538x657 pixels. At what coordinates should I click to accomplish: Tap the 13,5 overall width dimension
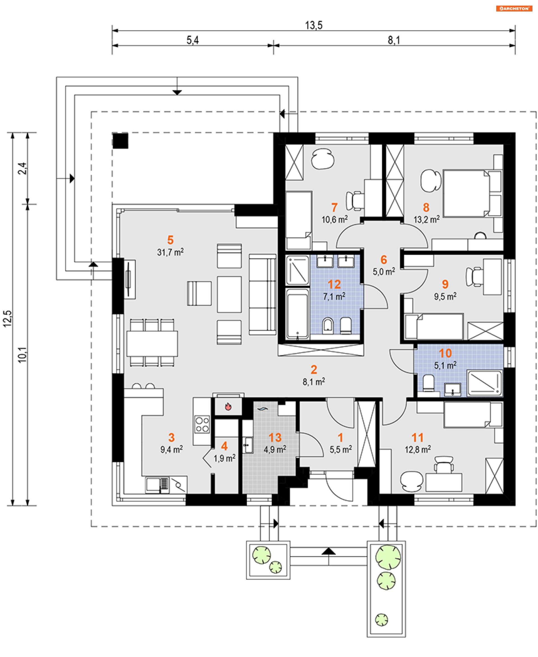pyautogui.click(x=314, y=25)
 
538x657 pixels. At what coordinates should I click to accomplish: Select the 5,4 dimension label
pyautogui.click(x=193, y=40)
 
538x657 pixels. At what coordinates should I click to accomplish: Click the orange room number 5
pyautogui.click(x=170, y=240)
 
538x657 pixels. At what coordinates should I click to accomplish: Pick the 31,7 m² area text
pyautogui.click(x=170, y=252)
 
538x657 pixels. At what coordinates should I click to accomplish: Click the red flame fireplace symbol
pyautogui.click(x=228, y=406)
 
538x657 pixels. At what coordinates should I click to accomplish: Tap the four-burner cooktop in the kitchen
pyautogui.click(x=202, y=424)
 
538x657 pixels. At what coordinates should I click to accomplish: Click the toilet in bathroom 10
pyautogui.click(x=429, y=383)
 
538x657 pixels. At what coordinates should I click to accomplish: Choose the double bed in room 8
pyautogui.click(x=467, y=193)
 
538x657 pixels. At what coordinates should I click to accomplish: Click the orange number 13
pyautogui.click(x=275, y=437)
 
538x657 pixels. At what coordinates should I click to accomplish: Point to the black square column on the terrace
pyautogui.click(x=120, y=141)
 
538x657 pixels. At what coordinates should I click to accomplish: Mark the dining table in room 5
pyautogui.click(x=152, y=343)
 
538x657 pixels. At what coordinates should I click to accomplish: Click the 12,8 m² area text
pyautogui.click(x=418, y=449)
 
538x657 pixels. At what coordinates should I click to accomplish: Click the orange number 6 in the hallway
pyautogui.click(x=384, y=259)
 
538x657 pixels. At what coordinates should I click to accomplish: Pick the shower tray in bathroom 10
pyautogui.click(x=484, y=383)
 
